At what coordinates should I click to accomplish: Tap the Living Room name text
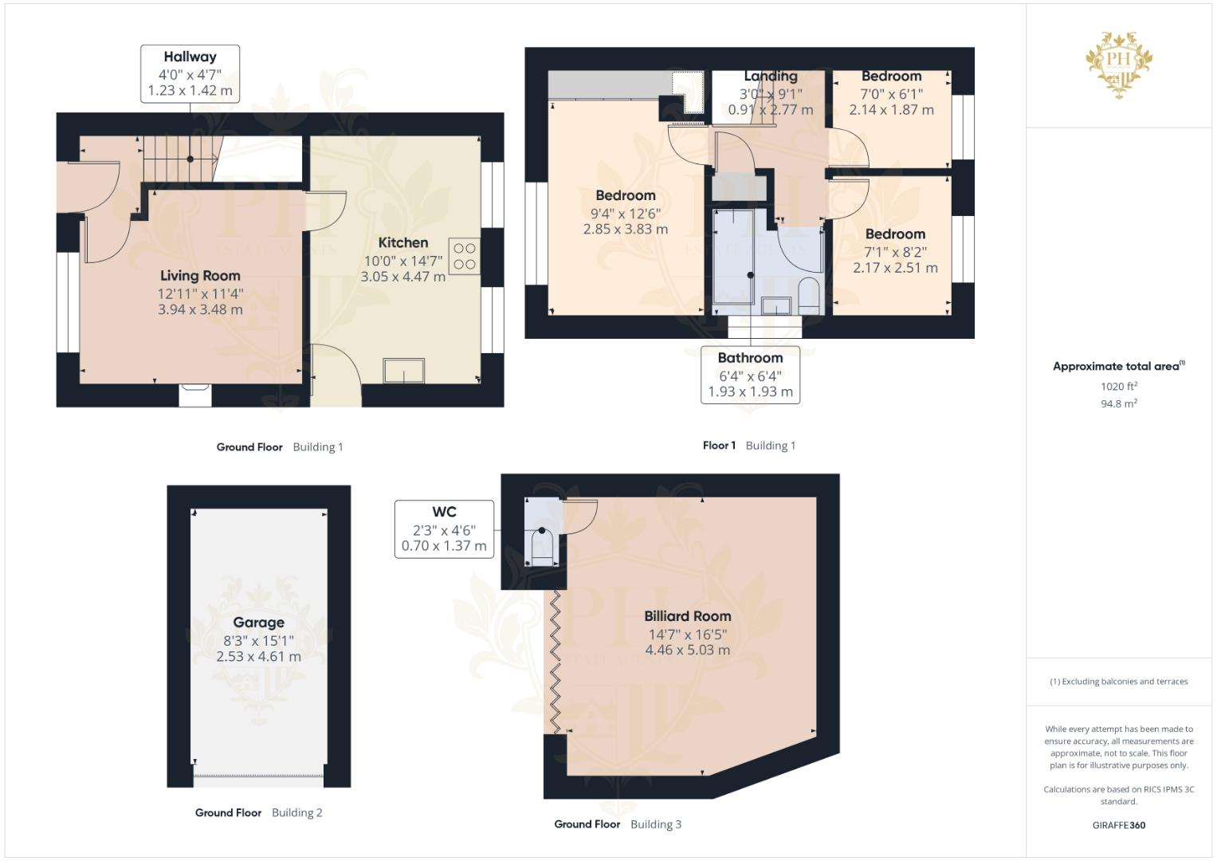[200, 276]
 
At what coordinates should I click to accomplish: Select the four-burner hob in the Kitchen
[465, 257]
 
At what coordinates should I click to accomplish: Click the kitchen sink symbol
[404, 371]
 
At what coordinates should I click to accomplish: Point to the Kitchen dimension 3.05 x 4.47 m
[402, 277]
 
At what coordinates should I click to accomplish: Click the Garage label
[258, 623]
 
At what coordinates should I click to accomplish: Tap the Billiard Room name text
[687, 616]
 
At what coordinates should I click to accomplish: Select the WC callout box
[444, 529]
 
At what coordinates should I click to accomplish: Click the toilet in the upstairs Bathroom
[808, 295]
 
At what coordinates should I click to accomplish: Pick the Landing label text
[770, 77]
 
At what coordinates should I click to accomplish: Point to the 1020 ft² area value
[1118, 387]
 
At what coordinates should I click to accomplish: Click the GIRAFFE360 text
[1118, 825]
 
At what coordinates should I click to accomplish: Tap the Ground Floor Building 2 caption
[258, 813]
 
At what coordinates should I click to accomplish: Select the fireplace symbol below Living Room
[194, 393]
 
